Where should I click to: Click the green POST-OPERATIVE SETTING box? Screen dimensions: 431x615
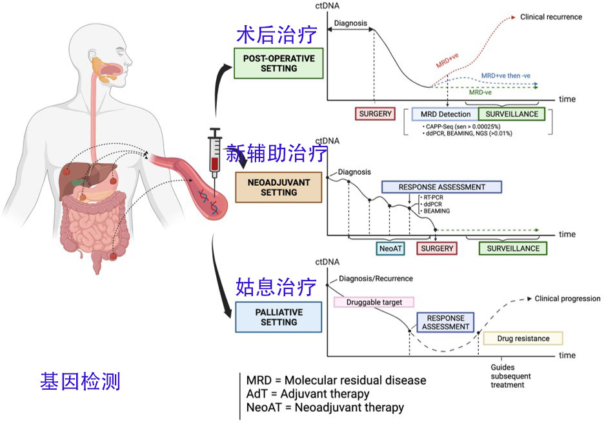[x=279, y=63]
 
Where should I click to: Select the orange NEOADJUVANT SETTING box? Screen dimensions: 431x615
[x=279, y=186]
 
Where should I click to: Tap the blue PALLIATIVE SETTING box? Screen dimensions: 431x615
[x=279, y=317]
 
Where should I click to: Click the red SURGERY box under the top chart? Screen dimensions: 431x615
[x=375, y=114]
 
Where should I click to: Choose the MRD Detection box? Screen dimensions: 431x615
[x=445, y=114]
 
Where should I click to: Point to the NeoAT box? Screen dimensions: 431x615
[x=390, y=248]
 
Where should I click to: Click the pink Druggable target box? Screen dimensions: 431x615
[x=374, y=301]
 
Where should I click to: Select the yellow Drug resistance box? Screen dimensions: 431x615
[x=523, y=338]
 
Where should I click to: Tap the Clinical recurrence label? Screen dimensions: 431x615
[x=550, y=17]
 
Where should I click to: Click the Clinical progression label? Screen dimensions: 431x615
[x=567, y=299]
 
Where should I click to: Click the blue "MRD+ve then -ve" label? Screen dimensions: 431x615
[x=505, y=76]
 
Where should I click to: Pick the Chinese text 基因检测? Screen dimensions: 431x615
[x=80, y=381]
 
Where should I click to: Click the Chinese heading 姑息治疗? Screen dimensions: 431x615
[x=277, y=286]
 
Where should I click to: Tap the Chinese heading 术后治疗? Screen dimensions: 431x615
[x=277, y=34]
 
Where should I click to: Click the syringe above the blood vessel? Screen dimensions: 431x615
[x=214, y=152]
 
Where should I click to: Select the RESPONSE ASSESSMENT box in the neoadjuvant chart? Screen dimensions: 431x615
[x=441, y=187]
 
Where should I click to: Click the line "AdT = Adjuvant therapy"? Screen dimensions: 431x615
[x=308, y=394]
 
